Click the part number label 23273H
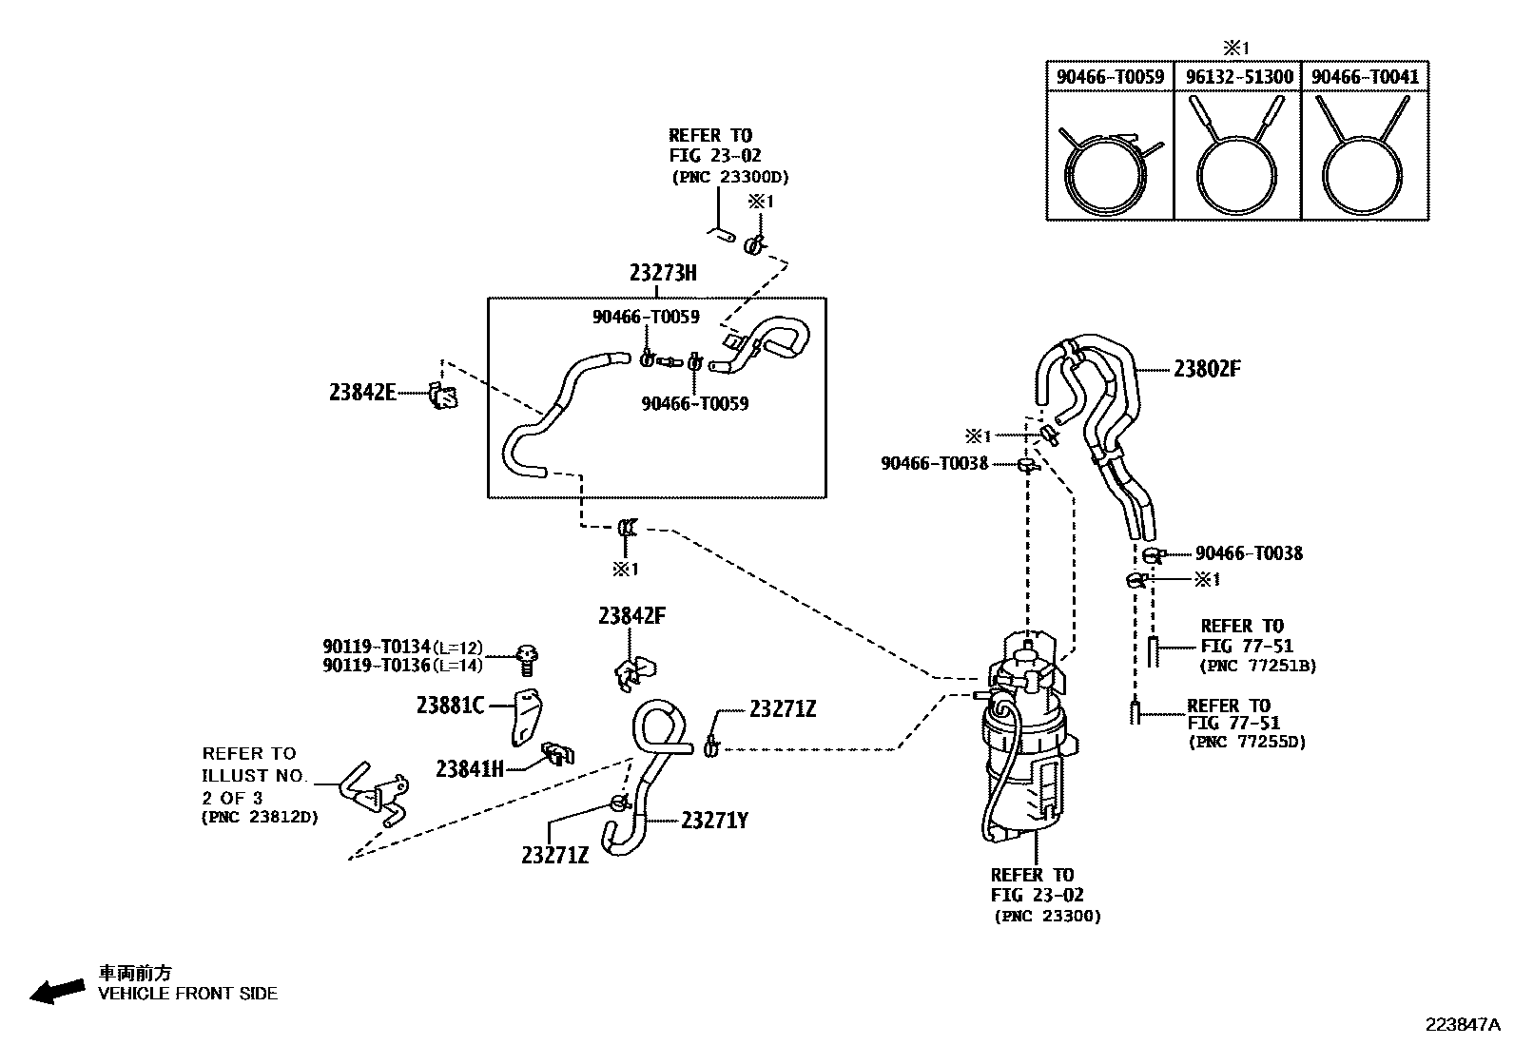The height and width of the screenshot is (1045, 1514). coord(663,273)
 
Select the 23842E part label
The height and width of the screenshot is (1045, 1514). coord(363,392)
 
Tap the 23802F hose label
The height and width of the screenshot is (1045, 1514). coord(1206,369)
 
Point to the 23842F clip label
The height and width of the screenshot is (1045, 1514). coord(631,616)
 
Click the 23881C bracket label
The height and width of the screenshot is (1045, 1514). coord(450,705)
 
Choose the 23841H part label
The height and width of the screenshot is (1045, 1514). coord(470,768)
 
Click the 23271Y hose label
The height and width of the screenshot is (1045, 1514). coord(714,820)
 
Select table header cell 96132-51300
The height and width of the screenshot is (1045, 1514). coord(1237,77)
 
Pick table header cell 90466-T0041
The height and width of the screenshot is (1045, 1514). coord(1365,77)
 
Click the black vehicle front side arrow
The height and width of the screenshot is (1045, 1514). coord(55,992)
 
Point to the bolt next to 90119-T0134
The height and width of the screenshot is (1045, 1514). coord(528,655)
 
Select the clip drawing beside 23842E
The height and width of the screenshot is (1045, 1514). coord(443,395)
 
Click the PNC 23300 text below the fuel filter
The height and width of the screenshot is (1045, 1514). coord(1047,917)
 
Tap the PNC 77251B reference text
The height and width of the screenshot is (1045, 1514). coord(1258,667)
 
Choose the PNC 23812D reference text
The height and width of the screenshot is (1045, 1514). coord(260,818)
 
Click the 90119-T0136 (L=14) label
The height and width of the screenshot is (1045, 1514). coord(402,666)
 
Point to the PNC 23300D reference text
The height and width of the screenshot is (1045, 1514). coord(729,177)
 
